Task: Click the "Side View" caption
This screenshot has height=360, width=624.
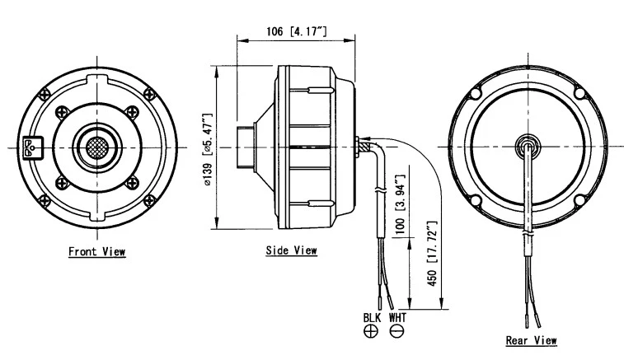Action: pyautogui.click(x=291, y=250)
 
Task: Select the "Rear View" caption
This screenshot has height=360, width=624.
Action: pyautogui.click(x=531, y=339)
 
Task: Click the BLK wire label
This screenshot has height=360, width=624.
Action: pyautogui.click(x=372, y=317)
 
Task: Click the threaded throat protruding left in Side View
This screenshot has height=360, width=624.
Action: pyautogui.click(x=244, y=147)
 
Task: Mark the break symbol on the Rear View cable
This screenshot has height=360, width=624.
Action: pyautogui.click(x=525, y=236)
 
